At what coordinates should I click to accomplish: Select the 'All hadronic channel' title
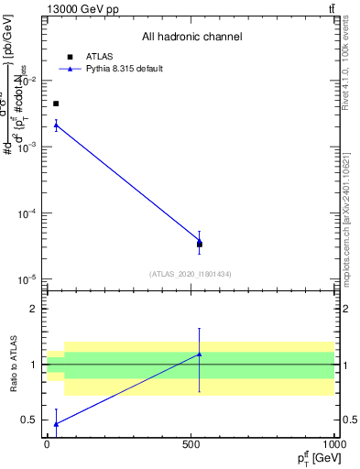(x=191, y=38)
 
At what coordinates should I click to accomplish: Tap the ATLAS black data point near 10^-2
(x=56, y=104)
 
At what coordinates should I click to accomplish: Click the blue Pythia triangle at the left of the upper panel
(x=56, y=125)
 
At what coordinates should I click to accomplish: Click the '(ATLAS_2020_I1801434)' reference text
(x=191, y=274)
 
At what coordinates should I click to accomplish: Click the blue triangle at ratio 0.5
(x=56, y=423)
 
